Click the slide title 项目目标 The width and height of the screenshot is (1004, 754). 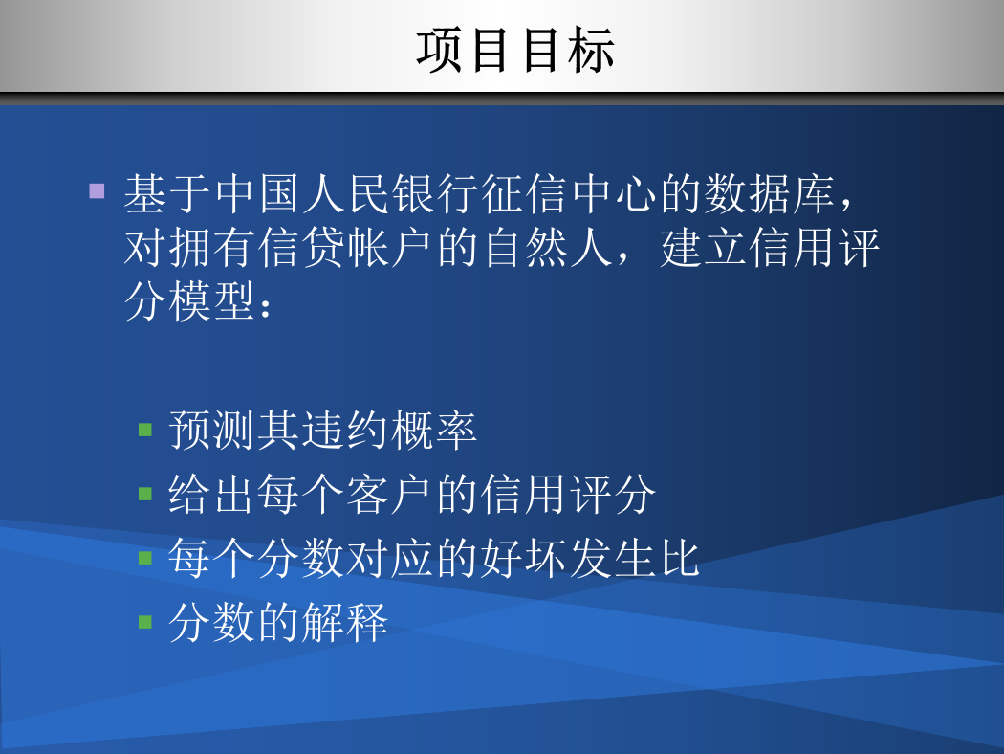(x=515, y=50)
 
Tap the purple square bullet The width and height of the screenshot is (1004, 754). (x=97, y=191)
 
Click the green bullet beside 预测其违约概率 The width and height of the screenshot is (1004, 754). (x=145, y=430)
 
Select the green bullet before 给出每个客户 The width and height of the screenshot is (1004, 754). (x=145, y=494)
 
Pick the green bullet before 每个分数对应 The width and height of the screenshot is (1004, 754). (x=145, y=557)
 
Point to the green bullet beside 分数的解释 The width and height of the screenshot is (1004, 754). (x=145, y=621)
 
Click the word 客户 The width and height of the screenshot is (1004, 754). (x=390, y=495)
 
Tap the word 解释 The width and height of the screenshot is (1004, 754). (x=345, y=623)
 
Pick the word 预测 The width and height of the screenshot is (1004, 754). (x=212, y=431)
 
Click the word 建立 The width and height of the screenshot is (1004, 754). (x=704, y=247)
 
